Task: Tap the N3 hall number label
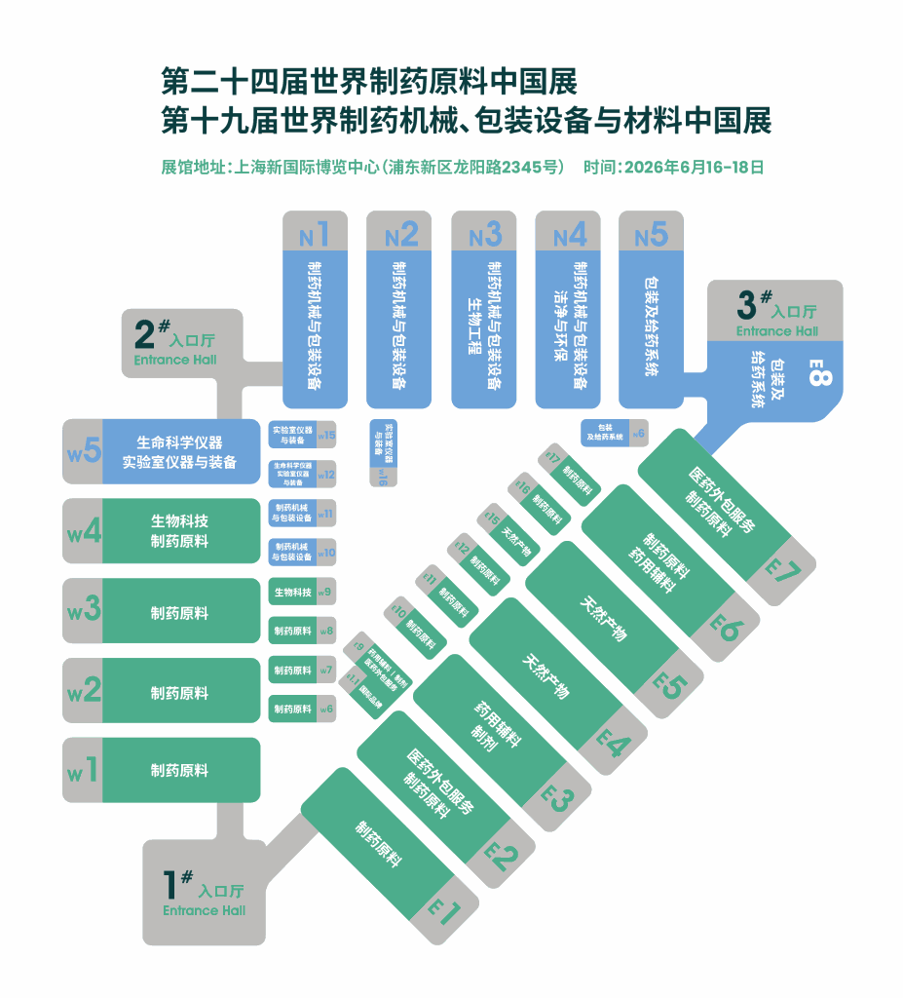(484, 235)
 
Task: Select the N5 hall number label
(651, 235)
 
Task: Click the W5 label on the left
(84, 451)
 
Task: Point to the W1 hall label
(84, 770)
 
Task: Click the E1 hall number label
(444, 912)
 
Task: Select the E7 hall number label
(782, 572)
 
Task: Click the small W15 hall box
(302, 435)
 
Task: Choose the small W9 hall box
(302, 592)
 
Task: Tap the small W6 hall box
(302, 709)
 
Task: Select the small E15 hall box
(508, 532)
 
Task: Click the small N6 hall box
(614, 432)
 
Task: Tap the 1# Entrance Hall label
(205, 893)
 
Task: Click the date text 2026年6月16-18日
(674, 167)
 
